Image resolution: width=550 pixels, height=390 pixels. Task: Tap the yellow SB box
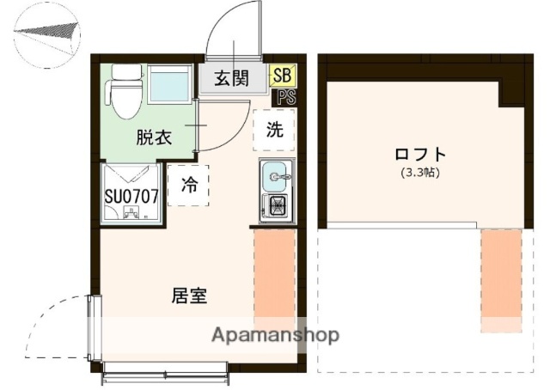(281, 76)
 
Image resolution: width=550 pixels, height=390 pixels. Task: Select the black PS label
(284, 96)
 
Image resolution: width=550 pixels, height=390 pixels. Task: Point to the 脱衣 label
(152, 137)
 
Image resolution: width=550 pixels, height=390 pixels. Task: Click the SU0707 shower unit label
(131, 196)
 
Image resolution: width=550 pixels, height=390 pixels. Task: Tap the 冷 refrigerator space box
(188, 184)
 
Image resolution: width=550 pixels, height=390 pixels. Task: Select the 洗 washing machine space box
(274, 131)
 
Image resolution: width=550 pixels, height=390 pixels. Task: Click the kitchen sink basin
(277, 176)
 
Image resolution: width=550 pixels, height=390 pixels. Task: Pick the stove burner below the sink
(277, 206)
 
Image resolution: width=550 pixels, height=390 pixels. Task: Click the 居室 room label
(189, 296)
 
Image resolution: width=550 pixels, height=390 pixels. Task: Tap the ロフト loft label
(420, 155)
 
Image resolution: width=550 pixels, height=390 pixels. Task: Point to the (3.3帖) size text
(421, 173)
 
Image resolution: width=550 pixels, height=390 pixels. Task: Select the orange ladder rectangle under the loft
(500, 279)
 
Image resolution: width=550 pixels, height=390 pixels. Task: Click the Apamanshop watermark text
(275, 334)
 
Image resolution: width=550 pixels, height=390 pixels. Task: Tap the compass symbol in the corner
(47, 35)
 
